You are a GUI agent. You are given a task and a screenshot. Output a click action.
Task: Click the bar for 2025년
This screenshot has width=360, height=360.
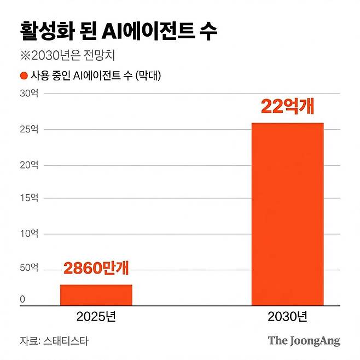pyautogui.click(x=96, y=294)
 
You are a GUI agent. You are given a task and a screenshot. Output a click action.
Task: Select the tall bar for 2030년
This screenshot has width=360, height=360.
pyautogui.click(x=287, y=213)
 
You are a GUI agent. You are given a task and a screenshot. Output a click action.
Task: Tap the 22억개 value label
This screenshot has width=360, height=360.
pyautogui.click(x=287, y=106)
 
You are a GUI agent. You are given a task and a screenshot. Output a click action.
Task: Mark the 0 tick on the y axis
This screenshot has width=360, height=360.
pyautogui.click(x=23, y=299)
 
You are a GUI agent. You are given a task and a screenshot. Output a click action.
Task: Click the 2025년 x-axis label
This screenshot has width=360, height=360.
pyautogui.click(x=96, y=316)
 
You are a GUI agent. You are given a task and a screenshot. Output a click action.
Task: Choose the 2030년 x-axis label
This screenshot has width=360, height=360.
pyautogui.click(x=287, y=316)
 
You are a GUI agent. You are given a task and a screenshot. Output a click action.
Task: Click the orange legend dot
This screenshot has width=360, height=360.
pyautogui.click(x=24, y=76)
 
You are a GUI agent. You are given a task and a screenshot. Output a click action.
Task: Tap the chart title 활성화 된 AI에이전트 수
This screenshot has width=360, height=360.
pyautogui.click(x=118, y=31)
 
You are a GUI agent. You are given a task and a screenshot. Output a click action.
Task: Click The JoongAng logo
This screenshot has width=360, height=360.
pyautogui.click(x=304, y=341)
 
